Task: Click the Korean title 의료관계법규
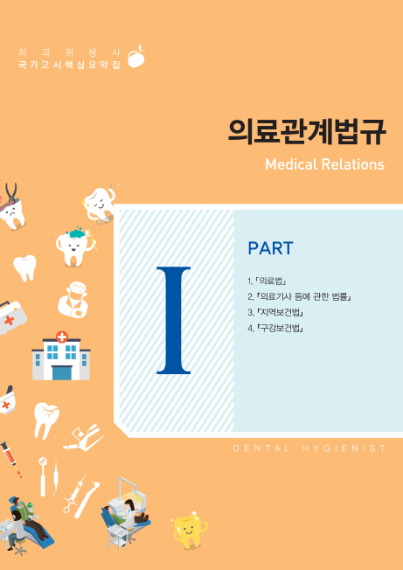click(x=307, y=132)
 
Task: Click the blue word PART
click(x=270, y=248)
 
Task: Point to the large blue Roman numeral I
click(x=174, y=320)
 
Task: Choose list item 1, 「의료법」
click(x=268, y=281)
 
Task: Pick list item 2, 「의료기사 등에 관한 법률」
click(x=299, y=297)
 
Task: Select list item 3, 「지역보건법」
click(x=275, y=313)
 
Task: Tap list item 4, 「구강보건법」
click(x=275, y=329)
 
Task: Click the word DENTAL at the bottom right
click(x=261, y=448)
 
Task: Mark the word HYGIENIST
click(x=344, y=448)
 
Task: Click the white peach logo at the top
click(x=136, y=57)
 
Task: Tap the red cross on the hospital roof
click(x=62, y=337)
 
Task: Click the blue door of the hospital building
click(x=61, y=372)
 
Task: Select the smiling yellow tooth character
click(x=189, y=530)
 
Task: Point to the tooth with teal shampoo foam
click(x=75, y=246)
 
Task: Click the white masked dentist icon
click(x=73, y=300)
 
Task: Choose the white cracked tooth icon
click(x=45, y=419)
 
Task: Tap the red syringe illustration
click(x=10, y=459)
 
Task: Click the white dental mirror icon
click(x=43, y=476)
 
